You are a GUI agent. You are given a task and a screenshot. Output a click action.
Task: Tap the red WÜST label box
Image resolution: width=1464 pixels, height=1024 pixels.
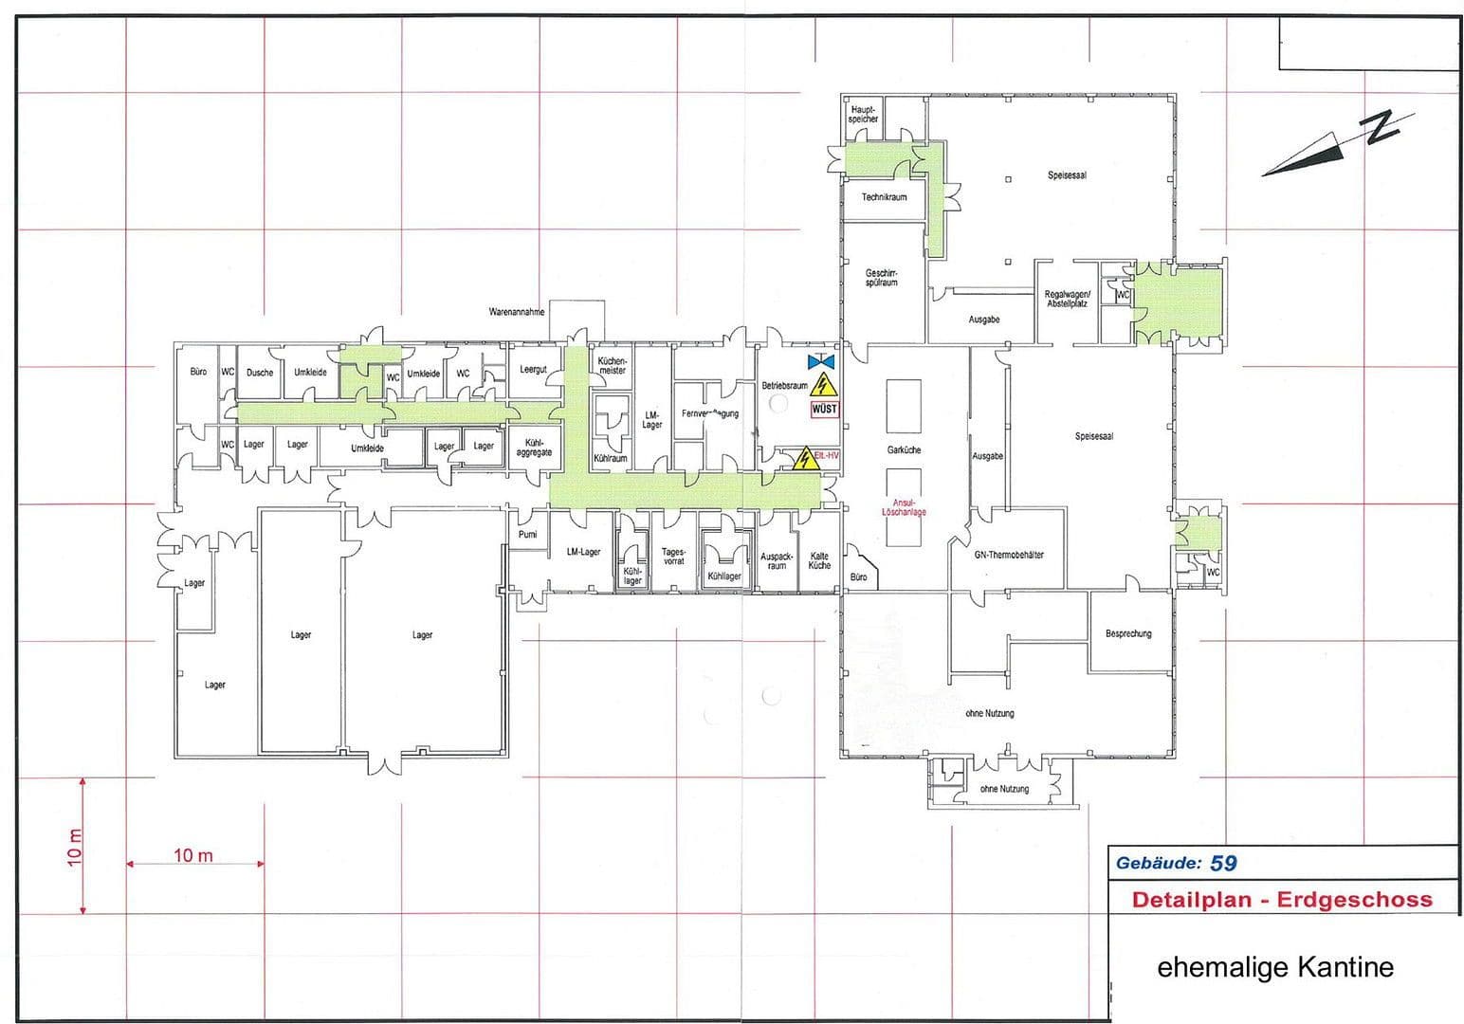tap(824, 410)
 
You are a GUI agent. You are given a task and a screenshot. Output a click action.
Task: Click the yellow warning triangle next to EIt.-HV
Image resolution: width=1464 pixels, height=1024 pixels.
tap(805, 458)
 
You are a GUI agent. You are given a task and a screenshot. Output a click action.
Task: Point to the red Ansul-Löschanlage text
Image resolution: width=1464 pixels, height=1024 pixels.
tap(904, 507)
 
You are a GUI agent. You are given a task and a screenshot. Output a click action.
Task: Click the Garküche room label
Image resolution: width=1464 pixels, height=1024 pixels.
tap(904, 450)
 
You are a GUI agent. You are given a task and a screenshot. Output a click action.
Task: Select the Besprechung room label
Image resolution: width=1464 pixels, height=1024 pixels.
tap(1128, 633)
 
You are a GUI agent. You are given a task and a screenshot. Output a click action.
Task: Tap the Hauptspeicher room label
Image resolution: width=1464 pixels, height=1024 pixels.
tap(863, 115)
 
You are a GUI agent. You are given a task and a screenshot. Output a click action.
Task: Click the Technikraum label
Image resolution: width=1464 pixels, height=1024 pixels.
tap(884, 197)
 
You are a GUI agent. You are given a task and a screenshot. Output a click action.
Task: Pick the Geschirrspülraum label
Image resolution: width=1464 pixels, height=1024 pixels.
tap(881, 278)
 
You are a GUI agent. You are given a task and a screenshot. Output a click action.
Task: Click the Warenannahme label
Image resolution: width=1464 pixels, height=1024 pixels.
tap(517, 312)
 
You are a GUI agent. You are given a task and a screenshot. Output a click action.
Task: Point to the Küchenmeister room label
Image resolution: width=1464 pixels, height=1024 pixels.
tap(613, 365)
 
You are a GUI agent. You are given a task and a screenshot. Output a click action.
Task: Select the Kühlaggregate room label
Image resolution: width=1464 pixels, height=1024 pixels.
tap(534, 448)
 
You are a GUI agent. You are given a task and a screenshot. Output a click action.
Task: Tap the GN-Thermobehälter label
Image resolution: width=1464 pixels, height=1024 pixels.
tap(1009, 555)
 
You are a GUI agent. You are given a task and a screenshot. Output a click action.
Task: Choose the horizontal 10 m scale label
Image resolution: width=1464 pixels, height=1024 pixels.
tap(193, 856)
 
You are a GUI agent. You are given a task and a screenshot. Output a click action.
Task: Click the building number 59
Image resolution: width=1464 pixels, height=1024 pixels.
tap(1223, 863)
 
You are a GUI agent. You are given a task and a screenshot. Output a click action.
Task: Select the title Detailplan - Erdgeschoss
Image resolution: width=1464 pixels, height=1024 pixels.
tap(1282, 900)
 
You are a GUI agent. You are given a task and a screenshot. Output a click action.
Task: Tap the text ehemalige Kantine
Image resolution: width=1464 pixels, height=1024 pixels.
tap(1275, 968)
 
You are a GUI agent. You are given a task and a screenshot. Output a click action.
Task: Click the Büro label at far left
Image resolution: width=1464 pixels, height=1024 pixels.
tap(198, 373)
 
